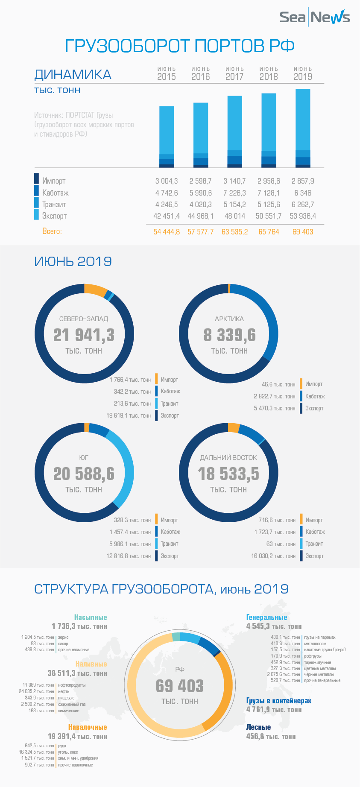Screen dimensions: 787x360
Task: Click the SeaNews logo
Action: pos(314,17)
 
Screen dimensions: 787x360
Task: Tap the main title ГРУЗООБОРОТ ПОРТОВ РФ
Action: pos(180,46)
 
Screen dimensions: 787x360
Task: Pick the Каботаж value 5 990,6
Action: pos(200,193)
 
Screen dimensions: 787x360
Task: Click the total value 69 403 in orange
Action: pos(302,232)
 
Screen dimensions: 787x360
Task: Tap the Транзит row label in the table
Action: pos(54,205)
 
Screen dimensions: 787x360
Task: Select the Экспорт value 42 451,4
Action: pos(167,216)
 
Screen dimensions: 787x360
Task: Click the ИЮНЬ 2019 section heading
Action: pos(73,261)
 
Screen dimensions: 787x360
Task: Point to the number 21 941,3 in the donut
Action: pos(84,335)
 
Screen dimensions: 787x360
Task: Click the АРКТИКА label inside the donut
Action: pos(229,319)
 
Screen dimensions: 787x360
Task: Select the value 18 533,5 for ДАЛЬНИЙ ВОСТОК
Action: pos(228,474)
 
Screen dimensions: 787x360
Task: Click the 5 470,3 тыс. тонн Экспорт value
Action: pos(274,409)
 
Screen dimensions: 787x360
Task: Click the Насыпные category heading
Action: pos(91,617)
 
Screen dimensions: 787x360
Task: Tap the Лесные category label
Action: pos(258,727)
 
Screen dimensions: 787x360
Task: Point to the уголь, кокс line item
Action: pos(68,752)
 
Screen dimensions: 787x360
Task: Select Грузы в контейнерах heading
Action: pos(278,701)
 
